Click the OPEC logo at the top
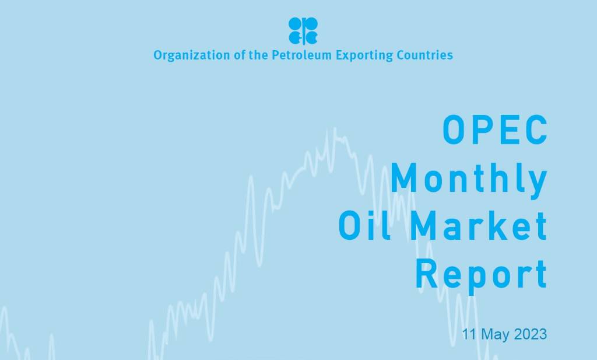pos(303,30)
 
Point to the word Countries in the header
pos(424,55)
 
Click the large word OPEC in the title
pos(495,130)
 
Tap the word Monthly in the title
pos(469,179)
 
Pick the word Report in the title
pos(482,274)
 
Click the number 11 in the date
pos(469,334)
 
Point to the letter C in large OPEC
pos(535,130)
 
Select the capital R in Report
pos(427,274)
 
